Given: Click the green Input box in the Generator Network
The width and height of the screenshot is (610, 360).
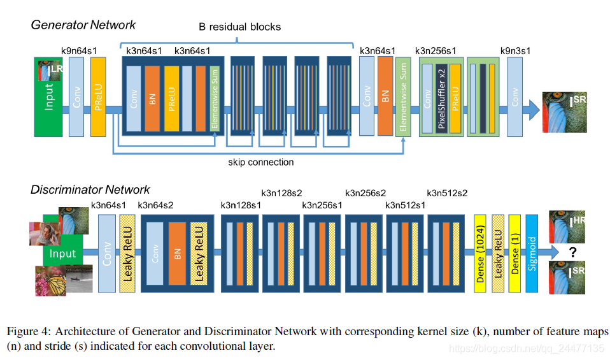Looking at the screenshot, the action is (x=48, y=97).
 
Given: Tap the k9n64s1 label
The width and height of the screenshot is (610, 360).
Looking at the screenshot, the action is (x=79, y=51).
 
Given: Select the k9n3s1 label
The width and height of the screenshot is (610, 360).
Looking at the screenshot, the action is (x=516, y=51).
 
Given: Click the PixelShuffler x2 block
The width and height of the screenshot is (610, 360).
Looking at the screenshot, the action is (x=441, y=99).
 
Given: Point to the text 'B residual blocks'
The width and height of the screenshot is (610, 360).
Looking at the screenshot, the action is (x=239, y=27).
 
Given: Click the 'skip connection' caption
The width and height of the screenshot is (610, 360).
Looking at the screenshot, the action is (x=260, y=162).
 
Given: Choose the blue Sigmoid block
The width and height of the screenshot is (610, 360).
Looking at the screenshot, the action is (x=532, y=254).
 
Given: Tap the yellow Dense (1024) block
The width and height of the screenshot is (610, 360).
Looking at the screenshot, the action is (x=480, y=254).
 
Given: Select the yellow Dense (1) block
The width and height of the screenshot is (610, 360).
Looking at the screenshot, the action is (x=514, y=254).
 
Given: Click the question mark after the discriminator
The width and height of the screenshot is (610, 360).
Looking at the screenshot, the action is (x=572, y=252).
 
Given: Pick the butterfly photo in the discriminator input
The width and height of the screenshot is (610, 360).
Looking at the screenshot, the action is (x=50, y=281).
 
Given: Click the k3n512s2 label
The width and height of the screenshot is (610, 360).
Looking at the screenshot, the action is (x=447, y=194).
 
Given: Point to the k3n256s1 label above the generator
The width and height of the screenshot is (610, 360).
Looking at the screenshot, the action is (x=436, y=51).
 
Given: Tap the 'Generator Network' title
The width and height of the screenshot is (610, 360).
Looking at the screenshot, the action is (x=83, y=25).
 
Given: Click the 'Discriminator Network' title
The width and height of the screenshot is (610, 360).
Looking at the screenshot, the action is (x=90, y=189).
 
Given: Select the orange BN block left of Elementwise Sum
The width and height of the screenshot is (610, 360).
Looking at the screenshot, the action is (x=385, y=96).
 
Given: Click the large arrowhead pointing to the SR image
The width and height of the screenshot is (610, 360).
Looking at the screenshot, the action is (x=534, y=110).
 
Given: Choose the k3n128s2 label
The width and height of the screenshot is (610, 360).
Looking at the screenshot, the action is (x=281, y=194).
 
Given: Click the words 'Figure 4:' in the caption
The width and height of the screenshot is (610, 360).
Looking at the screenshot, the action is (x=29, y=331).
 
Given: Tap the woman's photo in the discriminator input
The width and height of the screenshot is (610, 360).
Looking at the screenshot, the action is (x=45, y=234).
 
